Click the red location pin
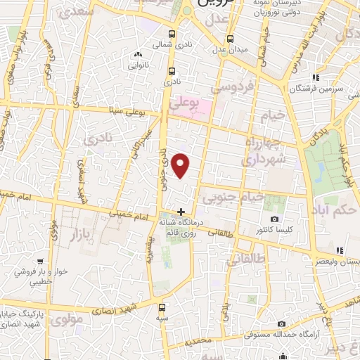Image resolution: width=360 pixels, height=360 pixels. click(x=181, y=166)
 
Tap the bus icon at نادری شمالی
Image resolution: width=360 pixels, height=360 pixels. click(x=173, y=32)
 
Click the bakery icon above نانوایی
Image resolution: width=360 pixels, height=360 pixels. click(x=138, y=54)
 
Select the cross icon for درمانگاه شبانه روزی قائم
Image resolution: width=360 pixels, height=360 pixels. click(x=181, y=211)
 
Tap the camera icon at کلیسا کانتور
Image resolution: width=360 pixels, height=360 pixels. click(x=274, y=219)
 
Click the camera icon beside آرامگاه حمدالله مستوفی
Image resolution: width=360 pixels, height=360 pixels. click(x=281, y=324)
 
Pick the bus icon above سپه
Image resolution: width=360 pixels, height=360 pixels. click(x=162, y=307)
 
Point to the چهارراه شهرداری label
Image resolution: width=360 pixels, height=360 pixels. click(x=263, y=150)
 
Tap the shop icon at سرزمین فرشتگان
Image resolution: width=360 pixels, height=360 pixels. click(x=316, y=77)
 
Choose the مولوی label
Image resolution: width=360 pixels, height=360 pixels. click(x=68, y=319)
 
